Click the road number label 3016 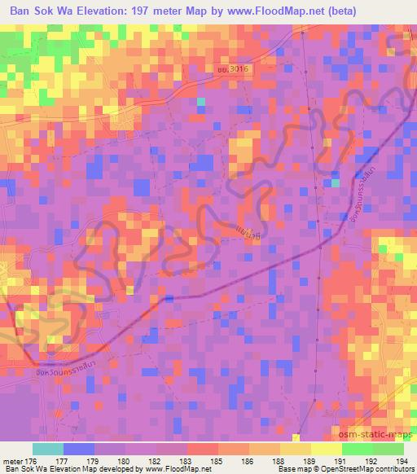pos(240,71)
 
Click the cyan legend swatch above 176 pos(48,449)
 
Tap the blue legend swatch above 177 pos(79,449)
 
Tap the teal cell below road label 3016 pos(200,102)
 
